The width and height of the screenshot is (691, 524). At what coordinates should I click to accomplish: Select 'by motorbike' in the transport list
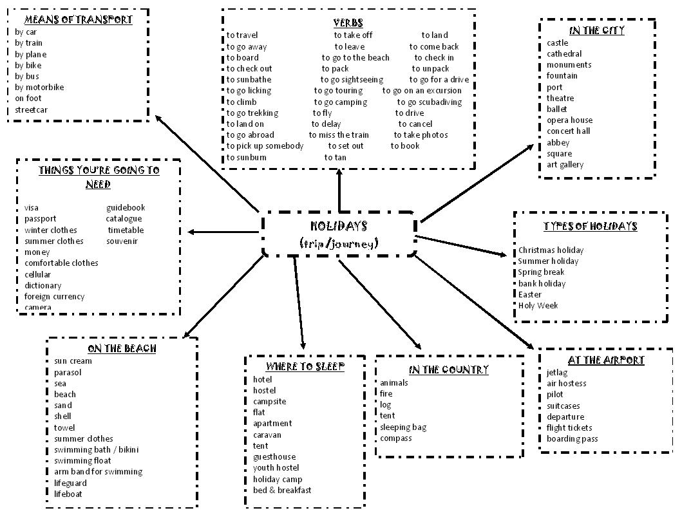pyautogui.click(x=39, y=88)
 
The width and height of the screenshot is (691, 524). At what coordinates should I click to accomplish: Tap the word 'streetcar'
pyautogui.click(x=31, y=109)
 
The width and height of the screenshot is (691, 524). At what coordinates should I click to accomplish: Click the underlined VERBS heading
pyautogui.click(x=348, y=23)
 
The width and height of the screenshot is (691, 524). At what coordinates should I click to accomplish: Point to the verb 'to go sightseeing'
pyautogui.click(x=352, y=80)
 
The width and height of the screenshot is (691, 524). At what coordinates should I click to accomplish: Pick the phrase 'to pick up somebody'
pyautogui.click(x=265, y=146)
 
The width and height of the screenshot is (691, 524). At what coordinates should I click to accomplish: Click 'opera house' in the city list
pyautogui.click(x=569, y=120)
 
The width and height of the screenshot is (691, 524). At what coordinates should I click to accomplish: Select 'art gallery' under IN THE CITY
pyautogui.click(x=565, y=165)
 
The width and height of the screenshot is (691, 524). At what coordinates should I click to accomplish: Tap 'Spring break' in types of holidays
pyautogui.click(x=542, y=272)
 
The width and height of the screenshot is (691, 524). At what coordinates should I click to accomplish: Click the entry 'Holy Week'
pyautogui.click(x=538, y=306)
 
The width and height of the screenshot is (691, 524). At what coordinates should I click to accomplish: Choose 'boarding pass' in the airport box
pyautogui.click(x=572, y=439)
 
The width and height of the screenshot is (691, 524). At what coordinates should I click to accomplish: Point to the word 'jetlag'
pyautogui.click(x=557, y=373)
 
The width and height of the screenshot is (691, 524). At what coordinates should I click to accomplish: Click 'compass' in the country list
pyautogui.click(x=395, y=438)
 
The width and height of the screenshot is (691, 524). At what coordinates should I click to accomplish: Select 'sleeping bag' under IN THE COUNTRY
pyautogui.click(x=402, y=427)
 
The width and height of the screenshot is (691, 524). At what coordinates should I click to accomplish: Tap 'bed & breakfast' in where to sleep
pyautogui.click(x=282, y=491)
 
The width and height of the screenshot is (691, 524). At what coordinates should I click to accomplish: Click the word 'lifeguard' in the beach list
pyautogui.click(x=70, y=483)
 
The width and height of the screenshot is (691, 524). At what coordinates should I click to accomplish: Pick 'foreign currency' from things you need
pyautogui.click(x=54, y=297)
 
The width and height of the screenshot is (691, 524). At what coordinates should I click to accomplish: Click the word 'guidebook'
pyautogui.click(x=126, y=208)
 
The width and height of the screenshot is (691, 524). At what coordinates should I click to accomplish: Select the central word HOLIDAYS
pyautogui.click(x=339, y=226)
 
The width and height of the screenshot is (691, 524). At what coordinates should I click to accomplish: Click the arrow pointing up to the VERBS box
pyautogui.click(x=339, y=190)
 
